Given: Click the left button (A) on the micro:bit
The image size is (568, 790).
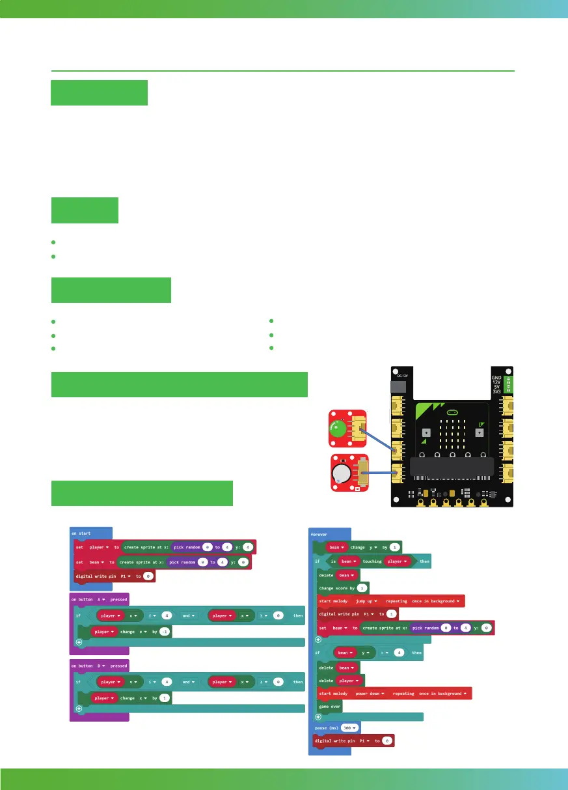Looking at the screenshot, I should coord(426,432).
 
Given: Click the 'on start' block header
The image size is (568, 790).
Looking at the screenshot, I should coord(81,533).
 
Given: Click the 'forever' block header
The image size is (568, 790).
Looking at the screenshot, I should coord(319,533).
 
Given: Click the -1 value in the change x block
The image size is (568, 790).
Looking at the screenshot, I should coord(164,632).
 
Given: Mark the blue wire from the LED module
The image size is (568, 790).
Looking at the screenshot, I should coord(376,439).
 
